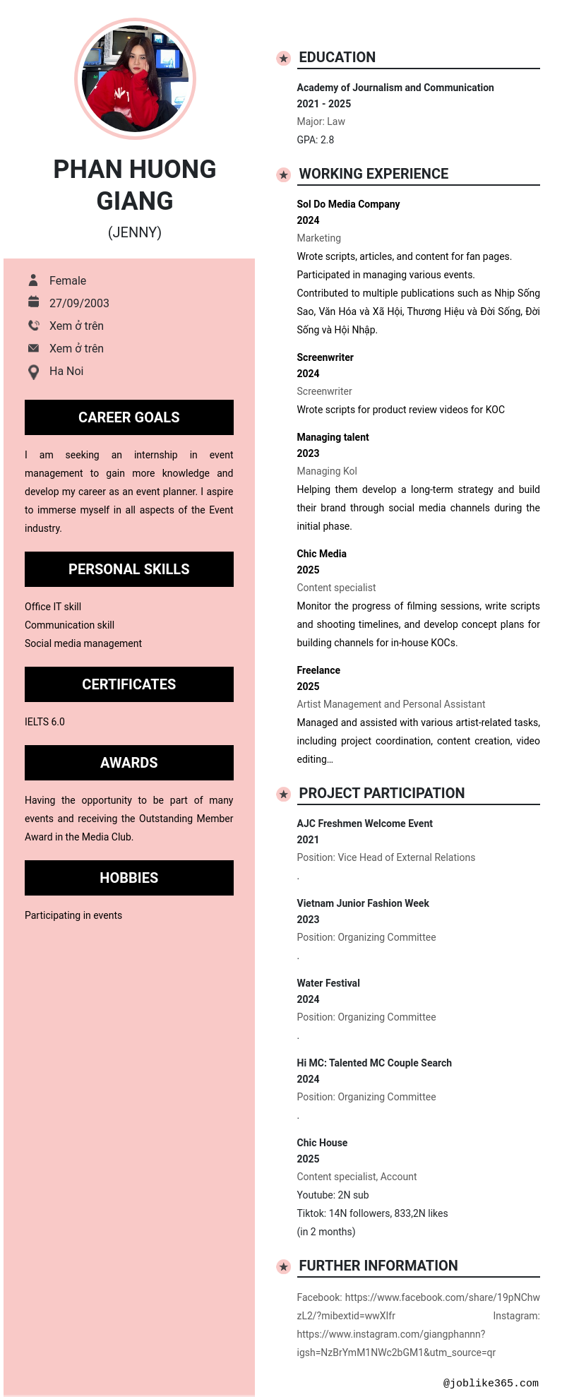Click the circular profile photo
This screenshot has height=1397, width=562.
(x=135, y=78)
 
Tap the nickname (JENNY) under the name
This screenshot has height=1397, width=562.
(x=135, y=232)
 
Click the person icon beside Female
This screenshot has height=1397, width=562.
(x=33, y=280)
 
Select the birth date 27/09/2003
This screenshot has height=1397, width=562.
(x=79, y=303)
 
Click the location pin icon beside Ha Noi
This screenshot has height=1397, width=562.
(x=33, y=371)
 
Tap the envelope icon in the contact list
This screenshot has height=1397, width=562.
(x=33, y=348)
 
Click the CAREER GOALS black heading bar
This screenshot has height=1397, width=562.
(x=129, y=417)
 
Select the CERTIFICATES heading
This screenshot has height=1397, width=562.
(x=129, y=684)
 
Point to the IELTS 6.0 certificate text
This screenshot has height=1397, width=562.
(x=44, y=722)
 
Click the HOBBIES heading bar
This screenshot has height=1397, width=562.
(x=129, y=878)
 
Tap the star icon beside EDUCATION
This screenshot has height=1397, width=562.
(x=283, y=58)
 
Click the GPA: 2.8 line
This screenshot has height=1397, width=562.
(x=316, y=140)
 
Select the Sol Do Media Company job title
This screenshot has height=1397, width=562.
(x=348, y=204)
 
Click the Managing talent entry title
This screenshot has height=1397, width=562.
(x=333, y=437)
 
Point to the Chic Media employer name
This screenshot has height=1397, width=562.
(x=321, y=554)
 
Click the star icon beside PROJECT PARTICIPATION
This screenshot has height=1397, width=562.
(x=283, y=794)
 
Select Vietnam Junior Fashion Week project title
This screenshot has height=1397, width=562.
(x=363, y=903)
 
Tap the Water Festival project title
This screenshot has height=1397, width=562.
(x=328, y=983)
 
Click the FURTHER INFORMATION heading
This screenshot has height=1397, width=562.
(x=378, y=1266)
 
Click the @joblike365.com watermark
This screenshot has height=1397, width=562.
(x=491, y=1383)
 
